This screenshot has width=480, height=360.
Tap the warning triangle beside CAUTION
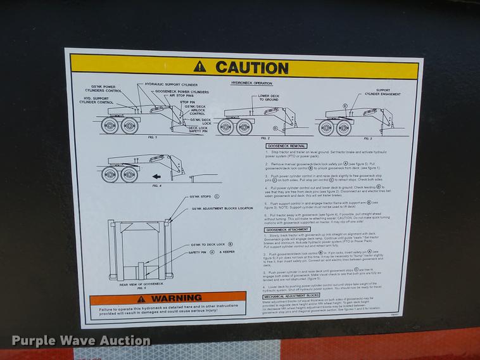click(x=200, y=65)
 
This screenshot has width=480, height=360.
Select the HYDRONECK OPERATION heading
click(x=251, y=83)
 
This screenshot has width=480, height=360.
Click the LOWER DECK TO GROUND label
click(x=268, y=97)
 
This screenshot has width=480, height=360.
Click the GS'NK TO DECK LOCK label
click(x=208, y=244)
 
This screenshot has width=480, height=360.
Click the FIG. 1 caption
click(x=133, y=137)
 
